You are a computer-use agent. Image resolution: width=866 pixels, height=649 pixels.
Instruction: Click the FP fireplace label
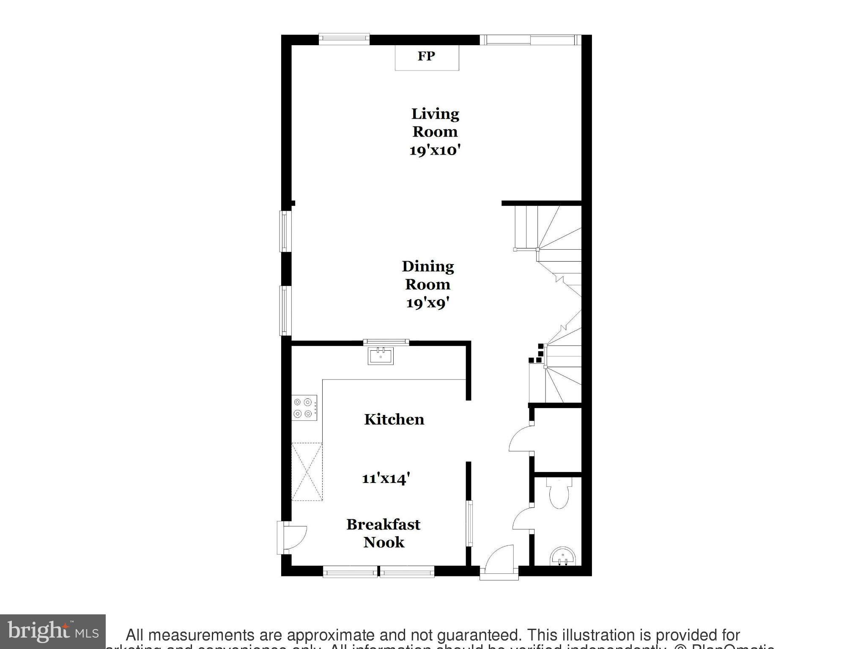pyautogui.click(x=426, y=56)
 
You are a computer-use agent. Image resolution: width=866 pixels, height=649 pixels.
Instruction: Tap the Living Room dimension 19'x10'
pyautogui.click(x=434, y=150)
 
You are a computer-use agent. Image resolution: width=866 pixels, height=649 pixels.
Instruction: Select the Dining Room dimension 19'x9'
pyautogui.click(x=427, y=303)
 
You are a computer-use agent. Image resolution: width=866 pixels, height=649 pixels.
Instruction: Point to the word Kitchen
pyautogui.click(x=394, y=420)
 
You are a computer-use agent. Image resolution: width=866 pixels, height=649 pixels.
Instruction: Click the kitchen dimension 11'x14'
pyautogui.click(x=386, y=478)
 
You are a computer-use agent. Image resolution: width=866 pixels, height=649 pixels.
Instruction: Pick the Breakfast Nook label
pyautogui.click(x=384, y=533)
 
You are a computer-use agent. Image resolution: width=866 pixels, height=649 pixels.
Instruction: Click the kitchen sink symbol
pyautogui.click(x=381, y=356)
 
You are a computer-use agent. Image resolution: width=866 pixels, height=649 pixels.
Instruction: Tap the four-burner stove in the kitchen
pyautogui.click(x=304, y=408)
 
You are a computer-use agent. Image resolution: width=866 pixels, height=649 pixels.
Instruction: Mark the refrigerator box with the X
pyautogui.click(x=307, y=472)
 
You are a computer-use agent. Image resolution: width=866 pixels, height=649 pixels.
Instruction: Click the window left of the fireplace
pyautogui.click(x=344, y=39)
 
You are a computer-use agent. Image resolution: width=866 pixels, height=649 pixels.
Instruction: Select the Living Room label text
pyautogui.click(x=435, y=123)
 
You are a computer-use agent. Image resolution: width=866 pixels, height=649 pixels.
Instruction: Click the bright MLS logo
pyautogui.click(x=53, y=631)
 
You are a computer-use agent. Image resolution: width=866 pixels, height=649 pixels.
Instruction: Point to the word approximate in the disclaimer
pyautogui.click(x=329, y=635)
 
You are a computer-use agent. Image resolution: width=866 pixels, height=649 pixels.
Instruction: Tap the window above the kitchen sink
pyautogui.click(x=386, y=342)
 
